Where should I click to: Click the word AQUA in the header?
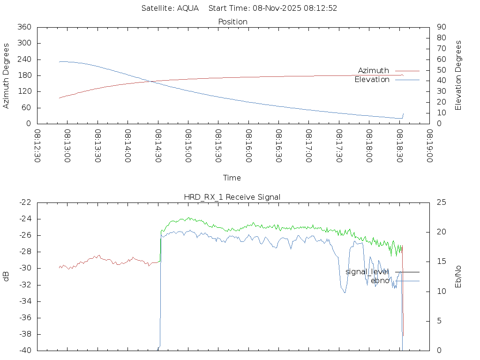pos(187,8)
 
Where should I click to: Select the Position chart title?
pos(233,22)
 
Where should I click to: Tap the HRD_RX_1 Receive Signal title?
pos(232,197)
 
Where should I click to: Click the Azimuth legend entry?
pos(374,70)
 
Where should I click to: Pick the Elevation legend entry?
pos(372,80)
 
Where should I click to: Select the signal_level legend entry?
pos(367,271)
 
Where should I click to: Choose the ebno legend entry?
pos(380,280)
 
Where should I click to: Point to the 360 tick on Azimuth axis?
pos(24,27)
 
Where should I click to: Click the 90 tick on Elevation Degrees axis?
pos(441,27)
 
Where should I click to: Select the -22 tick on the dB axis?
pos(25,202)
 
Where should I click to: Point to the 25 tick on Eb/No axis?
pos(442,202)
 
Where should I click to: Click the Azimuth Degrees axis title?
pos(6,75)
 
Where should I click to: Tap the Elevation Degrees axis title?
pos(458,75)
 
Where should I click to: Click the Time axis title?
pos(232,178)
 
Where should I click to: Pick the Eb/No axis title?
pos(458,277)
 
